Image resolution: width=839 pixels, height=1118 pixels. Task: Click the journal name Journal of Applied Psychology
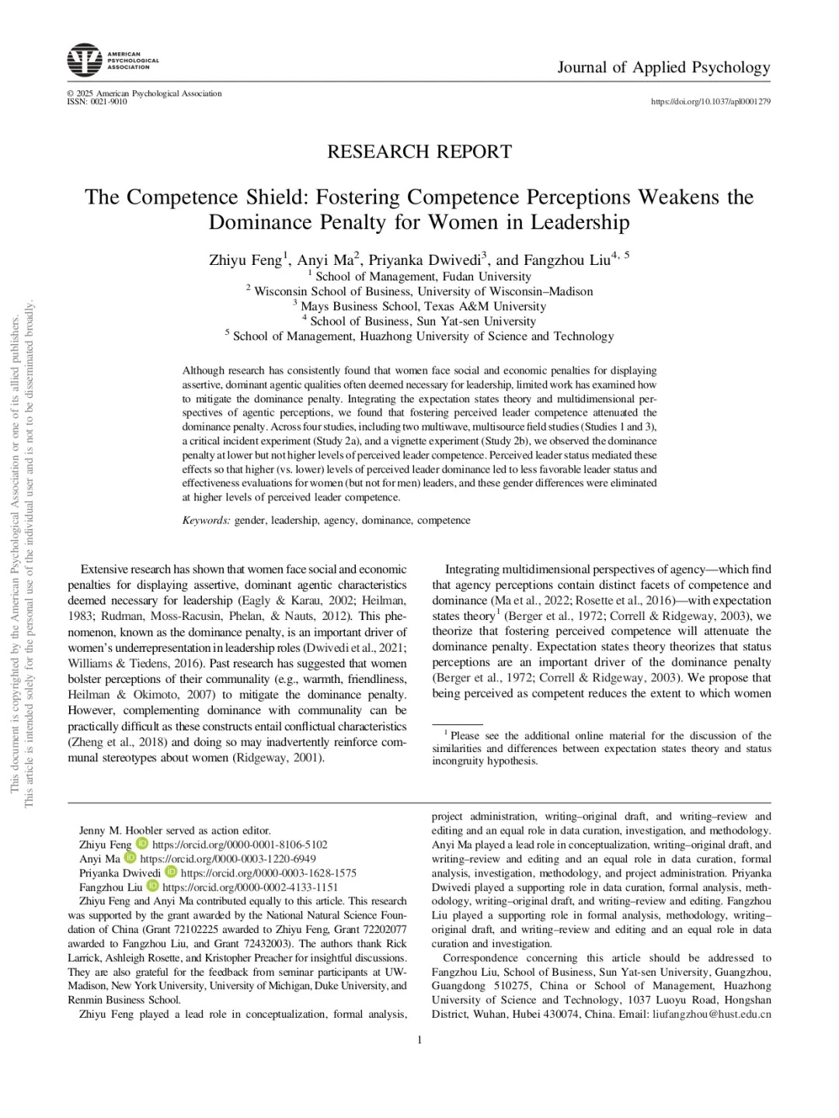[x=663, y=68]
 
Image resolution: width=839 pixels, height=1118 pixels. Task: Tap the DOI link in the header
[x=710, y=102]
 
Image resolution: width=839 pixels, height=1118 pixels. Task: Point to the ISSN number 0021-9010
[x=108, y=102]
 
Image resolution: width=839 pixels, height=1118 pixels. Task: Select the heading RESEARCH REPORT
[x=419, y=152]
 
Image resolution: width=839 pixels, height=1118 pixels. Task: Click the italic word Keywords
[x=206, y=521]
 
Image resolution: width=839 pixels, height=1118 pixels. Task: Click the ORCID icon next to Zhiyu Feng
[x=141, y=844]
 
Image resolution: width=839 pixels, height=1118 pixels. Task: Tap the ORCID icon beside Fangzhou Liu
[x=152, y=886]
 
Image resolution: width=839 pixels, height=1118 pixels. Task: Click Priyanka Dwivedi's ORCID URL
[x=269, y=872]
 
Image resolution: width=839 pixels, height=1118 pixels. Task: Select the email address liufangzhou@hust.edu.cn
[x=712, y=1015]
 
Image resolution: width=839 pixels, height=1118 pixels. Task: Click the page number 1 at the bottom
[x=419, y=1040]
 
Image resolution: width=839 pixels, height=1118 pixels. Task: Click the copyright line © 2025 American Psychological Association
[x=144, y=93]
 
